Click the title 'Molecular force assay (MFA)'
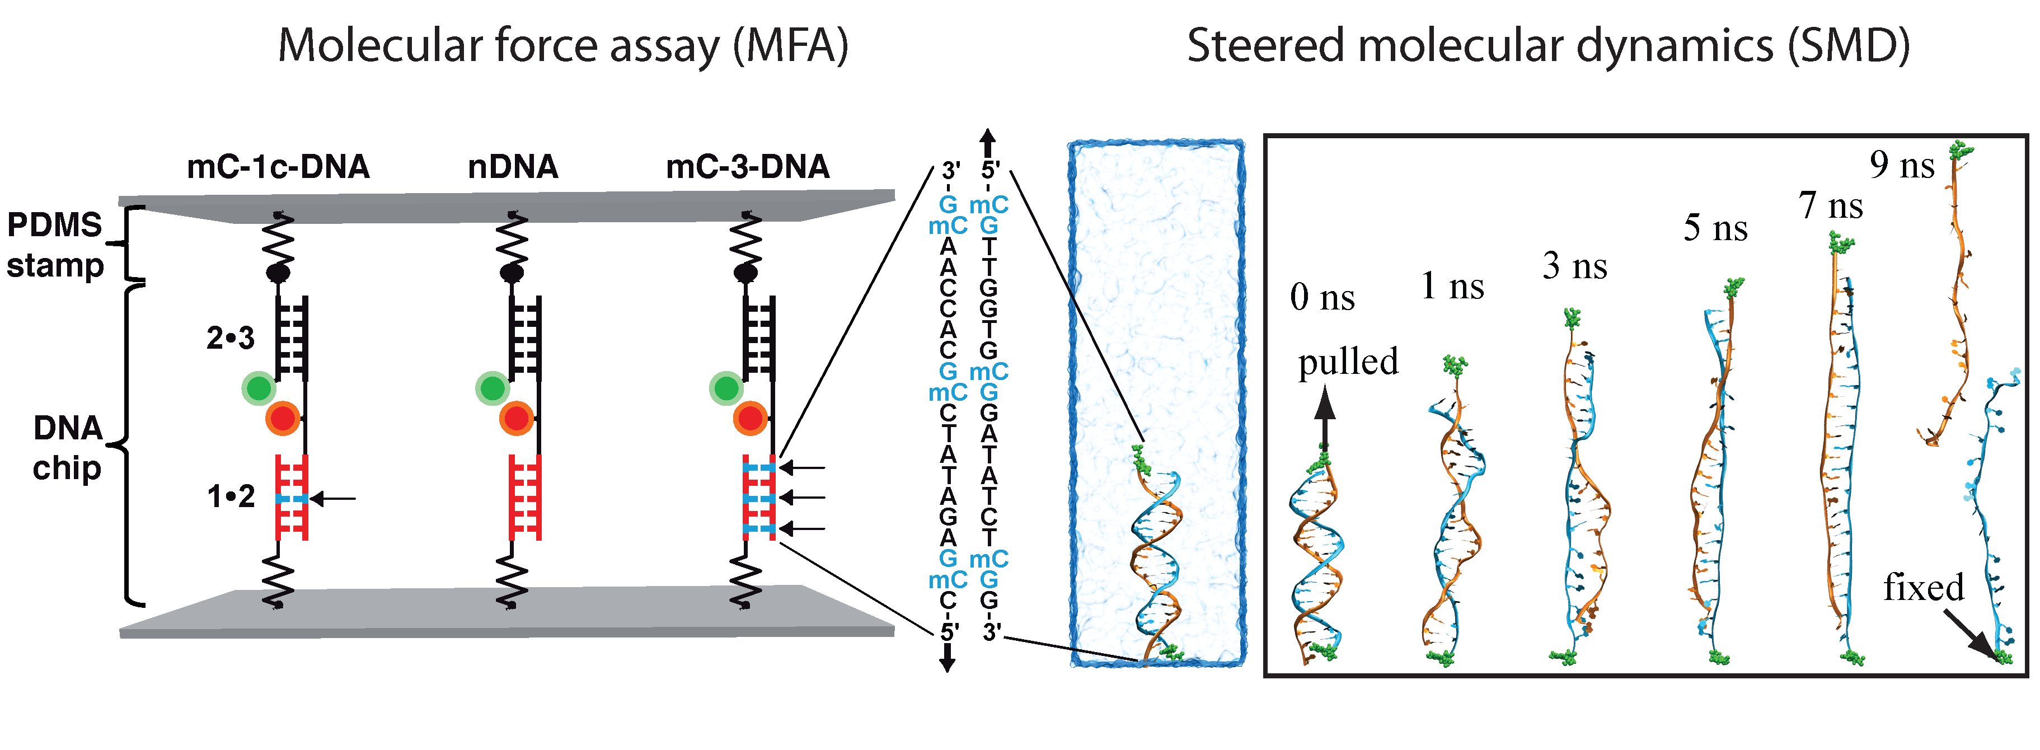tap(562, 46)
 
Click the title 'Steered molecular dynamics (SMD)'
tap(1548, 46)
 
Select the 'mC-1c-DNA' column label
tap(278, 167)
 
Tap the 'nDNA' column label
tap(513, 167)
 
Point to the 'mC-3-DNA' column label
tap(748, 167)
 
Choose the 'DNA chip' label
tap(67, 447)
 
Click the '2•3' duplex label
tap(231, 338)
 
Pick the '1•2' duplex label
tap(231, 496)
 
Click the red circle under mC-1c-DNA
tap(282, 418)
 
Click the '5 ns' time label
tap(1715, 228)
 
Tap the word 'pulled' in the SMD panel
tap(1348, 362)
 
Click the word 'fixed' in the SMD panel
tap(1924, 588)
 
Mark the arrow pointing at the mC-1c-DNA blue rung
tap(332, 498)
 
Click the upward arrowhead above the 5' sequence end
tap(987, 139)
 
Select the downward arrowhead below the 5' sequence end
tap(947, 662)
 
